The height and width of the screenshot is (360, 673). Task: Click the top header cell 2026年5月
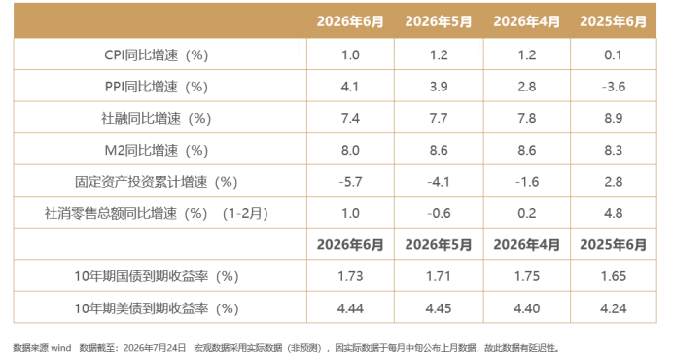point(439,21)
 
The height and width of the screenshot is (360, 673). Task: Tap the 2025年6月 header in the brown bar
point(613,21)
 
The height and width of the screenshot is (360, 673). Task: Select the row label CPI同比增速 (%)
point(157,55)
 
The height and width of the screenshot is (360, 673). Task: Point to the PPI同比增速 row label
point(157,87)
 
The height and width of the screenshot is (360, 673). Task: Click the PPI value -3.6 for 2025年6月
point(614,87)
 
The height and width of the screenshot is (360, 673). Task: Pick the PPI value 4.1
point(350,87)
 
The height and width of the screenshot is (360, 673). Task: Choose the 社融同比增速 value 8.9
point(614,118)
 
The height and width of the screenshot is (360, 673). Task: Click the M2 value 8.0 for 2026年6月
point(350,151)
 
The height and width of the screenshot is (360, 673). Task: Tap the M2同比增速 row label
point(157,151)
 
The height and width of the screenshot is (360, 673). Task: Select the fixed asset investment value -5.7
point(350,182)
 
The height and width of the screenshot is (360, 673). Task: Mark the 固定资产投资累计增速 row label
point(157,182)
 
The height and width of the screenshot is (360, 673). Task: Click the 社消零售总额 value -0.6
point(439,213)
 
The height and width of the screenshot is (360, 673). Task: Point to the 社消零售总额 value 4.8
point(614,213)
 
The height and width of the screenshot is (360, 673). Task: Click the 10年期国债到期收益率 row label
point(157,276)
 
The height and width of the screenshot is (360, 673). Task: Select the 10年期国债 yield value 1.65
point(614,276)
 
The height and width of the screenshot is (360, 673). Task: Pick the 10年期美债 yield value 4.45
point(439,308)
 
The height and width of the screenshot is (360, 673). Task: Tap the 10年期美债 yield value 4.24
point(614,308)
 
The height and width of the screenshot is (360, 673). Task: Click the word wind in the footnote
point(61,348)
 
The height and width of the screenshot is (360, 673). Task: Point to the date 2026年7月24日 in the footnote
point(155,348)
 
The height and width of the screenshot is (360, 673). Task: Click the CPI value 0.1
point(613,55)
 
